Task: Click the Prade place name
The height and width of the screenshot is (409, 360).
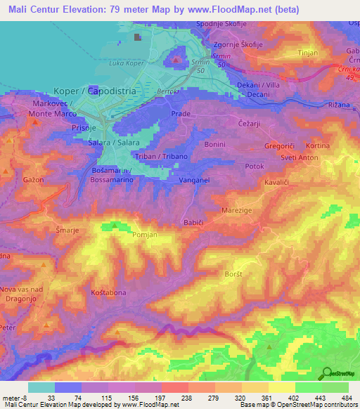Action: coord(181,112)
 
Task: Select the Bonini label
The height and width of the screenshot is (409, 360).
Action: coord(214,143)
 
